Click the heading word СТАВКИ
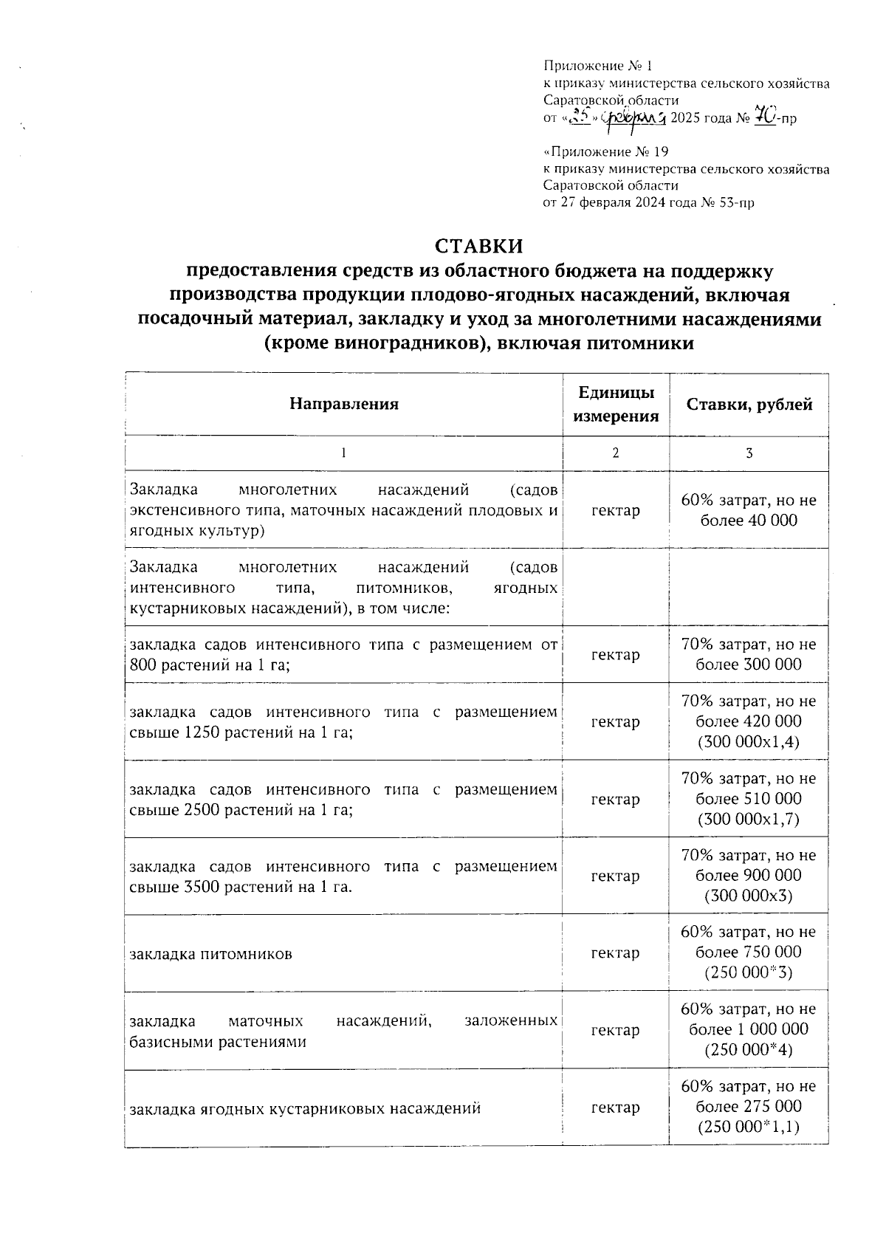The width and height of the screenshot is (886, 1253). tap(478, 245)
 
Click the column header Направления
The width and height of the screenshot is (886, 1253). tap(343, 404)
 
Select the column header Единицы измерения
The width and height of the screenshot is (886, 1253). tap(616, 404)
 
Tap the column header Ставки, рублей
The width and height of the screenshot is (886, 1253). tap(749, 404)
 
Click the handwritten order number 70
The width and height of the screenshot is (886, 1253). tap(763, 117)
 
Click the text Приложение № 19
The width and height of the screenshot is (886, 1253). tap(605, 152)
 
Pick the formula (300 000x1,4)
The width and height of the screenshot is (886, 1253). tap(749, 741)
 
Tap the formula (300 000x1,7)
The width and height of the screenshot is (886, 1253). tap(749, 819)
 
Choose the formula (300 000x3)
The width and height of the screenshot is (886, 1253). tap(749, 896)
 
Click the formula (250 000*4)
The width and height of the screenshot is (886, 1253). tap(749, 1049)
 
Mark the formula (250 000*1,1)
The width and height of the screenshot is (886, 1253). tap(749, 1127)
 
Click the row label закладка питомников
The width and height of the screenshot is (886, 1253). tap(210, 954)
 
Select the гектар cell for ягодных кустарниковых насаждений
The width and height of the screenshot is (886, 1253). tap(616, 1108)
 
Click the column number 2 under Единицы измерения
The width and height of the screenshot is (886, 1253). tap(616, 453)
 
